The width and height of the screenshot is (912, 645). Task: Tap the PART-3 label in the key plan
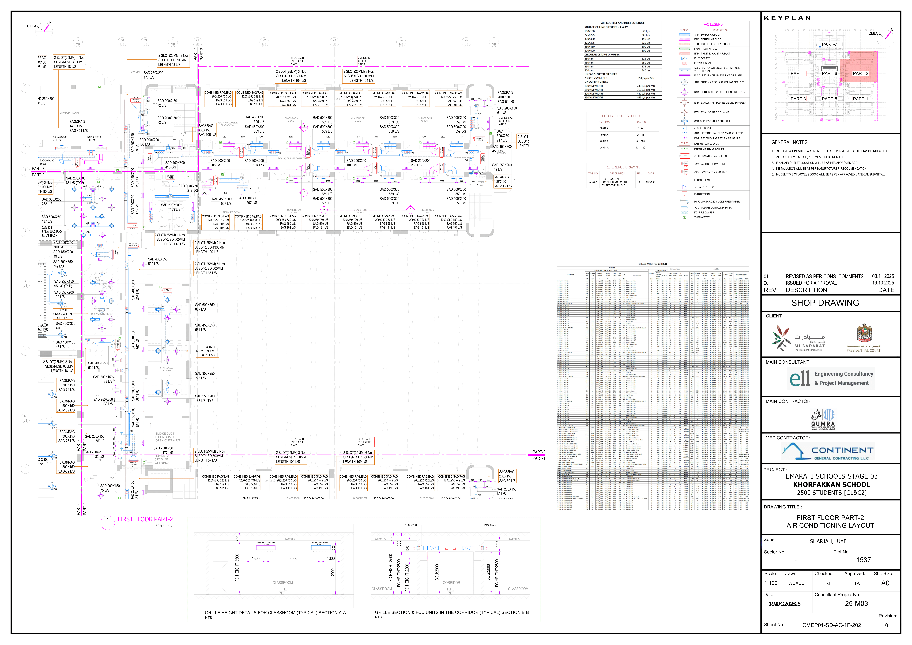pos(798,99)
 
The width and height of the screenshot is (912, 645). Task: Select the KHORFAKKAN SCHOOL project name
pos(831,485)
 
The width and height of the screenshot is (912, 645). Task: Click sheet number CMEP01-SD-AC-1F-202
pos(831,625)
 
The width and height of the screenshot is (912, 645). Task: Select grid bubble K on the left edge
pos(25,283)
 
